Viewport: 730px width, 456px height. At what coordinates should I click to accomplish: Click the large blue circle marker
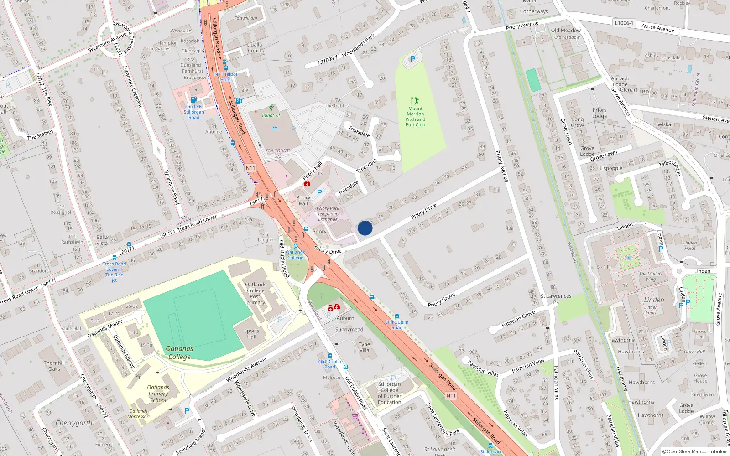point(365,228)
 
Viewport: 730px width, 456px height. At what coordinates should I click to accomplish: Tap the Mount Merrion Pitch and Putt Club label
point(415,117)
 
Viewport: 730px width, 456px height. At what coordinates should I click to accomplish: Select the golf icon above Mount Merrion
point(415,101)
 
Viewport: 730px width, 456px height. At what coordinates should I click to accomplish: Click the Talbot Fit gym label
point(271,115)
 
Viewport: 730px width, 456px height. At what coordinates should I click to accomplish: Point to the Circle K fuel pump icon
point(193,99)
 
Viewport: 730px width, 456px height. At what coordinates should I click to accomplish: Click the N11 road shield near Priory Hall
point(250,168)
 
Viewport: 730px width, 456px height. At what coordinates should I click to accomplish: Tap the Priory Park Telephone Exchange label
point(328,214)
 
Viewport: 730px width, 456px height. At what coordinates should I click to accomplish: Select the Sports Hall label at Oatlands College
point(251,334)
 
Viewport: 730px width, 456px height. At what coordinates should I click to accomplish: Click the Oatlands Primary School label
point(158,394)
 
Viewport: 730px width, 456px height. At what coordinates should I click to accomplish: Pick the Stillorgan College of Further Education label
point(389,393)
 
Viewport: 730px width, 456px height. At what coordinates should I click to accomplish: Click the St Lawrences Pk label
point(556,299)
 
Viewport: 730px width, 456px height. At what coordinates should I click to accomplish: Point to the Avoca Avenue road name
point(657,28)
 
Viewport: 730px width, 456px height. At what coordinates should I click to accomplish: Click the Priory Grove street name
point(441,300)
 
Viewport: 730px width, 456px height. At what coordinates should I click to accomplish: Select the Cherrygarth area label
point(74,423)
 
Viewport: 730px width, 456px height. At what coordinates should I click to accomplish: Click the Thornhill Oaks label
point(54,366)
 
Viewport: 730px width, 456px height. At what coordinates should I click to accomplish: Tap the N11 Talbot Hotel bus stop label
point(226,77)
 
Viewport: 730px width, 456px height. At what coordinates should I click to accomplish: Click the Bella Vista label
point(102,240)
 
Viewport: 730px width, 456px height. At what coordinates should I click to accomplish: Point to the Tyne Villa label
point(364,347)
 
